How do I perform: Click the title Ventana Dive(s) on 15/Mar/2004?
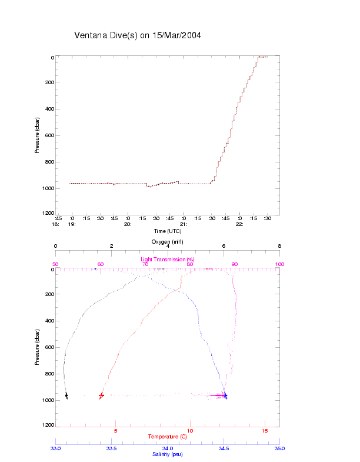click(138, 35)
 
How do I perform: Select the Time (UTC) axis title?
click(168, 231)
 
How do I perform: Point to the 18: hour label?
click(56, 224)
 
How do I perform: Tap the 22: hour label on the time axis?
click(239, 224)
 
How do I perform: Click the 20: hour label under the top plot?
click(127, 224)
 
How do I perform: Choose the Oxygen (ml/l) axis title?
click(168, 241)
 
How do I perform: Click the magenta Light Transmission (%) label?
click(168, 260)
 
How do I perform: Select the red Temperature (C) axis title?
click(168, 437)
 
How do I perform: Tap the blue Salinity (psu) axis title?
click(168, 454)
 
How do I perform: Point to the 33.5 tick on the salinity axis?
click(111, 448)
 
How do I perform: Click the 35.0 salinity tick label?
click(279, 448)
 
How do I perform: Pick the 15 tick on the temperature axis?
click(264, 431)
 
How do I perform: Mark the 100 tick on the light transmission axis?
click(279, 264)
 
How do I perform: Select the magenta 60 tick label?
click(100, 264)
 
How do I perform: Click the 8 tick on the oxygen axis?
click(279, 247)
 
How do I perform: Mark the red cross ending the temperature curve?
click(101, 395)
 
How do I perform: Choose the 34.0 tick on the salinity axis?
click(168, 448)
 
